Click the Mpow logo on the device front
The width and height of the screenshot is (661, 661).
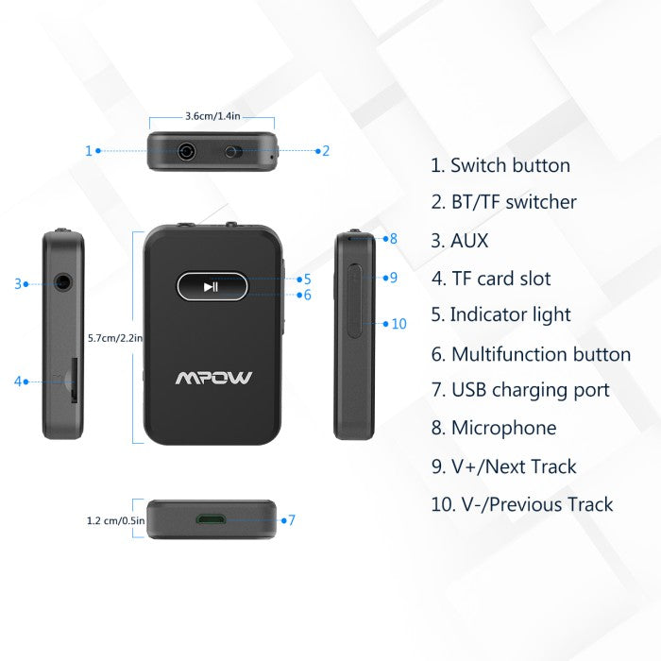tap(213, 378)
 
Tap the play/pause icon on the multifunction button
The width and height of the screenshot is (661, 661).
tap(211, 287)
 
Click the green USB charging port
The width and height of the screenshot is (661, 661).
tap(211, 519)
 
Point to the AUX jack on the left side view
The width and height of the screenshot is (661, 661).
tap(63, 282)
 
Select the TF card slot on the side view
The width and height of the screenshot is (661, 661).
tap(74, 381)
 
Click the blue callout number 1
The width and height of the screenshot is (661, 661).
tap(89, 151)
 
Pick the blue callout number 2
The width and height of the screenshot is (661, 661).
tap(326, 151)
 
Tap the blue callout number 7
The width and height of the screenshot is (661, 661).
tap(291, 520)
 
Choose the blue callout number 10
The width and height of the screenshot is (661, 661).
tap(398, 324)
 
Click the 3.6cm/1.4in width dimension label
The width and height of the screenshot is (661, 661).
tap(212, 116)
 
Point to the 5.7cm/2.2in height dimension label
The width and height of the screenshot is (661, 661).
tap(115, 338)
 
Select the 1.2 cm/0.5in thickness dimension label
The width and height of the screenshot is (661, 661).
tap(115, 520)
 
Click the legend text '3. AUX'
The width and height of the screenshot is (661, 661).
tap(460, 241)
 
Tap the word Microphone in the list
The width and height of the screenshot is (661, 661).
tap(503, 428)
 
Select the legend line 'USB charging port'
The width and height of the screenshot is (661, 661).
tap(531, 390)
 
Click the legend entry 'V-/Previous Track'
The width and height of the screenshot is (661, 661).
tap(537, 504)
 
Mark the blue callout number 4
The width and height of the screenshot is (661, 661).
tap(18, 381)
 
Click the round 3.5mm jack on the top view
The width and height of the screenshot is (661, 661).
tap(186, 151)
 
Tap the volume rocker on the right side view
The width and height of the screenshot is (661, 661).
tap(354, 301)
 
